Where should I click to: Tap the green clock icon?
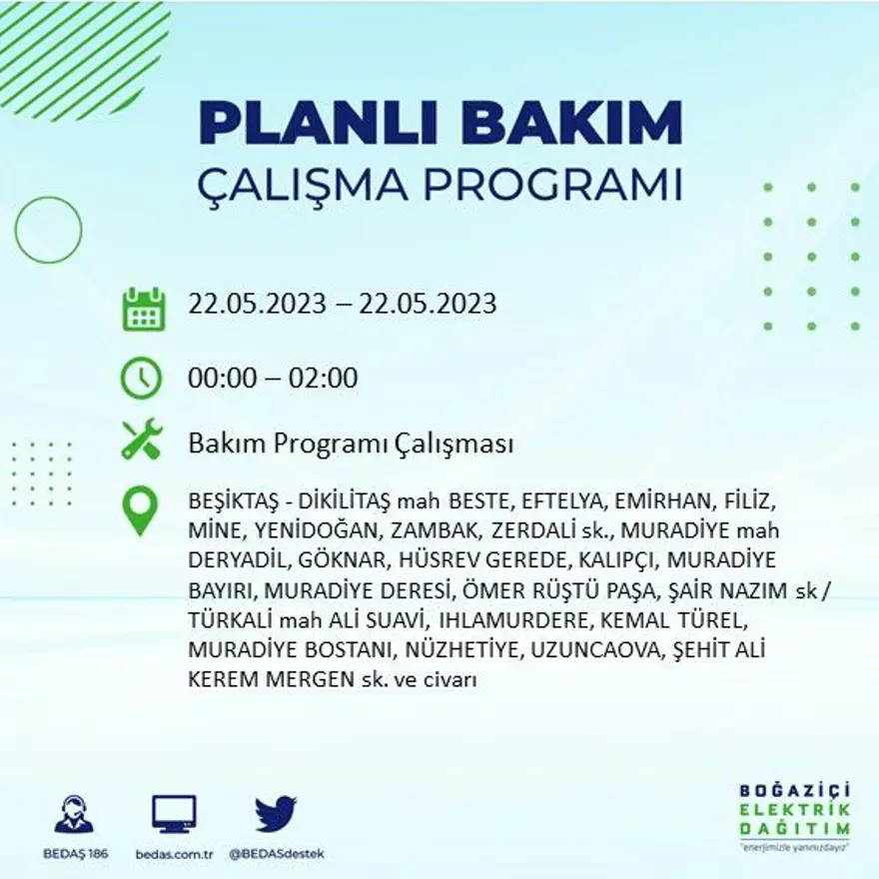pyautogui.click(x=141, y=378)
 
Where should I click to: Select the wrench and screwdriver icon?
pyautogui.click(x=141, y=440)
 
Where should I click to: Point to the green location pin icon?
pyautogui.click(x=140, y=510)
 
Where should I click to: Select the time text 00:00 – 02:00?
pyautogui.click(x=273, y=379)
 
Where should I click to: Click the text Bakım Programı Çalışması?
pyautogui.click(x=351, y=442)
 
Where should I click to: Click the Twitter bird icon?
pyautogui.click(x=276, y=813)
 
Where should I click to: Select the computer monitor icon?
pyautogui.click(x=174, y=814)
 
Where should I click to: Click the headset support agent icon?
pyautogui.click(x=74, y=814)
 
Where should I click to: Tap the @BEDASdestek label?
pyautogui.click(x=277, y=854)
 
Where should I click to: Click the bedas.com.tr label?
pyautogui.click(x=174, y=854)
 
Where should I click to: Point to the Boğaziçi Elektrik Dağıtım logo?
pyautogui.click(x=795, y=813)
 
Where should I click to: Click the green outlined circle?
pyautogui.click(x=48, y=231)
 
